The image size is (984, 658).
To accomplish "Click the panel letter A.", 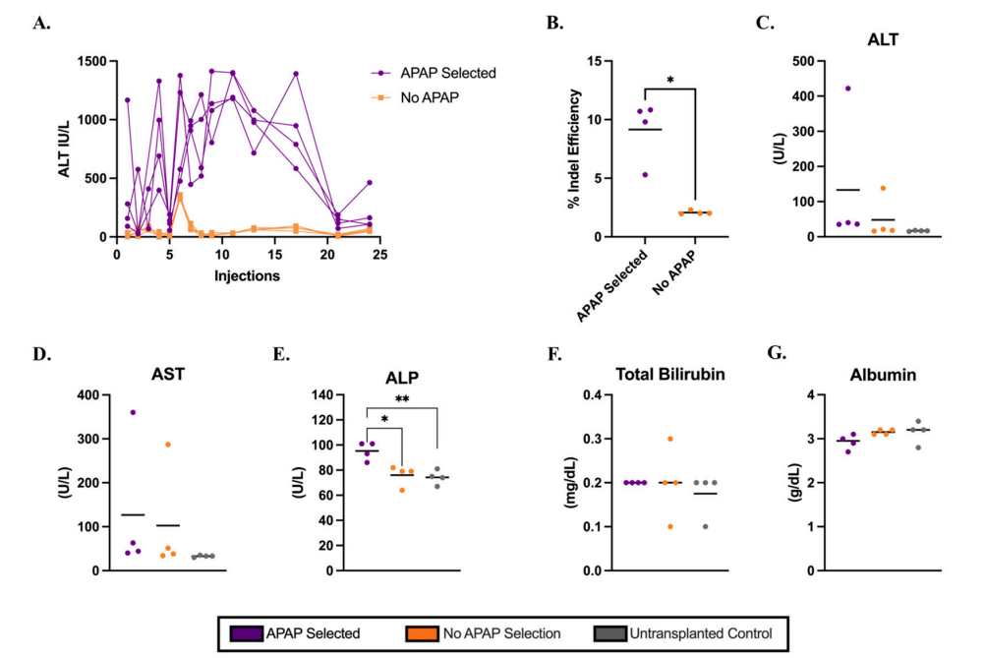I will coord(41,23).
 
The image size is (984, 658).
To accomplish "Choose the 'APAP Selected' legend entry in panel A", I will coord(446,73).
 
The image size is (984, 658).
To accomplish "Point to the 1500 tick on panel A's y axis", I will coord(91,61).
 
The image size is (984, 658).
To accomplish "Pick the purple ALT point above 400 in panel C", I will coord(847,89).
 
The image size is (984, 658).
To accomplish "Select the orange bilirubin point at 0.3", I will coord(671,439).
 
